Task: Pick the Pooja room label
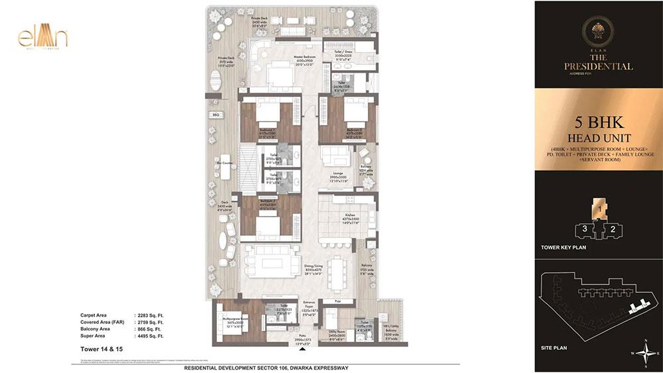(x=337, y=299)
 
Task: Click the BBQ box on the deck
(x=215, y=115)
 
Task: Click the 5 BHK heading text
(x=599, y=124)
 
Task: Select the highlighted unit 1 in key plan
(x=599, y=210)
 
